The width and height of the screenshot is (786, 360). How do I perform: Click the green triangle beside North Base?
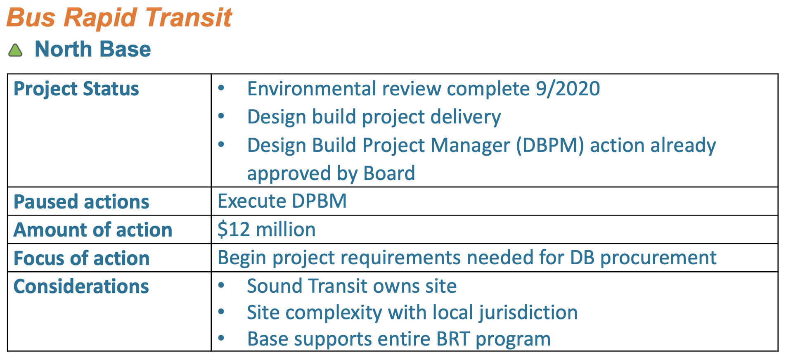(x=15, y=50)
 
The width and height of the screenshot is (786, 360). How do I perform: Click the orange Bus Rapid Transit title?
(x=119, y=18)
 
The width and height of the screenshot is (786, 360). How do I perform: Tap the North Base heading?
(x=93, y=49)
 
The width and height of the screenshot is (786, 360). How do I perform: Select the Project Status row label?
(x=76, y=89)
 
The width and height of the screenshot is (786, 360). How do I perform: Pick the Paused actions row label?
(x=81, y=202)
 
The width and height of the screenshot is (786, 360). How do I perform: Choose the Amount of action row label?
(x=93, y=230)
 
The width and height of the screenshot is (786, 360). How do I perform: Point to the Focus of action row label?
(x=82, y=258)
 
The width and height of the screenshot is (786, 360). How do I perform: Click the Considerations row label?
(x=81, y=287)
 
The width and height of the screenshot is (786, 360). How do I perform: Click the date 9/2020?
(x=568, y=89)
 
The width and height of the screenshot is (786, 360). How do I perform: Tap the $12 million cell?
(x=267, y=230)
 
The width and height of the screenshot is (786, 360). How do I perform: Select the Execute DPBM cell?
(x=282, y=201)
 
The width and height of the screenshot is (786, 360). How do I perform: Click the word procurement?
(x=658, y=258)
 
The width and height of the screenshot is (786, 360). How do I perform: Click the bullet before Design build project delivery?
(x=221, y=116)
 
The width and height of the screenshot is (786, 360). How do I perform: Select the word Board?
(x=389, y=173)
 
